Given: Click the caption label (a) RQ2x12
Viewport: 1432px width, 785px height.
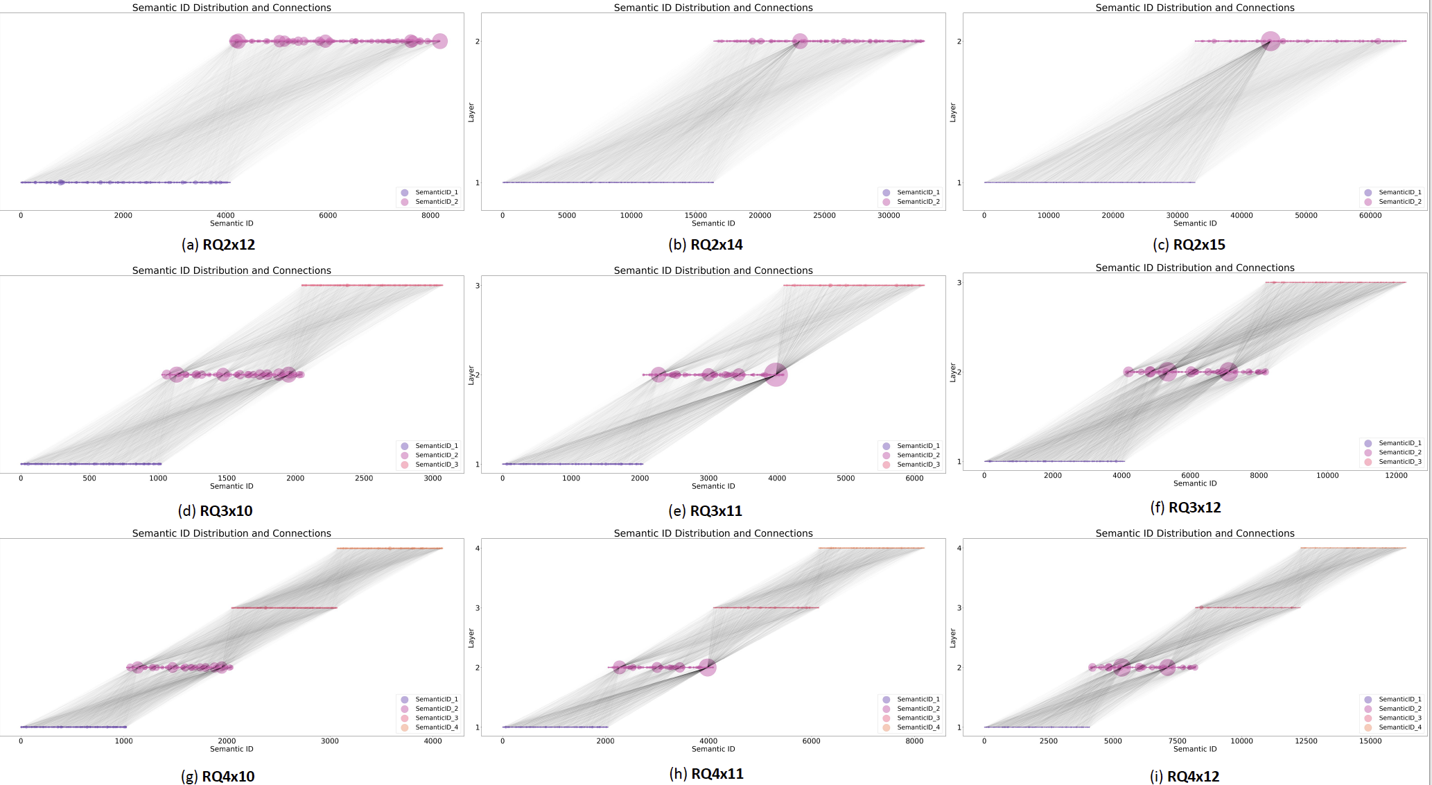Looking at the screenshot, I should (x=218, y=245).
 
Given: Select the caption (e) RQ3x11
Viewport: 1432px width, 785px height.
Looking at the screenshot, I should (x=706, y=511).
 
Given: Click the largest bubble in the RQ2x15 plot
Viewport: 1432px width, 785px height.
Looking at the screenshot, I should (x=1270, y=42).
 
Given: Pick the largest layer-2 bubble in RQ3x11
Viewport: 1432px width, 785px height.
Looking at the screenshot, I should (x=776, y=374).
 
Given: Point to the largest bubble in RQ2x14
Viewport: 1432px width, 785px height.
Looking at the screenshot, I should (x=800, y=42).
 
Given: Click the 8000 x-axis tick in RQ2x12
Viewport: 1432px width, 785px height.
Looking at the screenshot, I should (x=430, y=216).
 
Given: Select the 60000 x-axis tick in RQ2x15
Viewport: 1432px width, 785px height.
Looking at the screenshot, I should (x=1370, y=216).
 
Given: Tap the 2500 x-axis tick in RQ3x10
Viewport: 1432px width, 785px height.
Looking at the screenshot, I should (x=364, y=478).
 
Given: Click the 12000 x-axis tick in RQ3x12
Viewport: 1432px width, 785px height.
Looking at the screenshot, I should (x=1396, y=476).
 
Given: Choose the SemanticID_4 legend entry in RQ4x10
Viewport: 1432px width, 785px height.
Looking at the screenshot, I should (x=436, y=727).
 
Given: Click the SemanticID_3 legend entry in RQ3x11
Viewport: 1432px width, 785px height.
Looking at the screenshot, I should (x=918, y=465).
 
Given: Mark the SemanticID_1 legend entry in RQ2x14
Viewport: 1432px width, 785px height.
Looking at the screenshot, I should (x=918, y=193).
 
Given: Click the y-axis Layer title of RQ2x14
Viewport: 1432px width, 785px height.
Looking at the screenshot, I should (x=471, y=112).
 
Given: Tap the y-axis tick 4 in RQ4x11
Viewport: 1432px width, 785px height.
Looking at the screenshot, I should (x=477, y=549).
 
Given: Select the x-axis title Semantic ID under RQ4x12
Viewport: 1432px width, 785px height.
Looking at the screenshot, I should (x=1195, y=749).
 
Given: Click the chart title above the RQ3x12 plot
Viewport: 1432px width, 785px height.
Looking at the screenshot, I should (x=1195, y=268).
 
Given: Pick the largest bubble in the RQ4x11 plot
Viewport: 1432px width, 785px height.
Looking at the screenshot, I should (x=707, y=667).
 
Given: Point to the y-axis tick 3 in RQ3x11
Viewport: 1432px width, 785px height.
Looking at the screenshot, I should (x=477, y=286).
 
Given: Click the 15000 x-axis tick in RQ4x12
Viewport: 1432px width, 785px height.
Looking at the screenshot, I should (x=1370, y=741).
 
